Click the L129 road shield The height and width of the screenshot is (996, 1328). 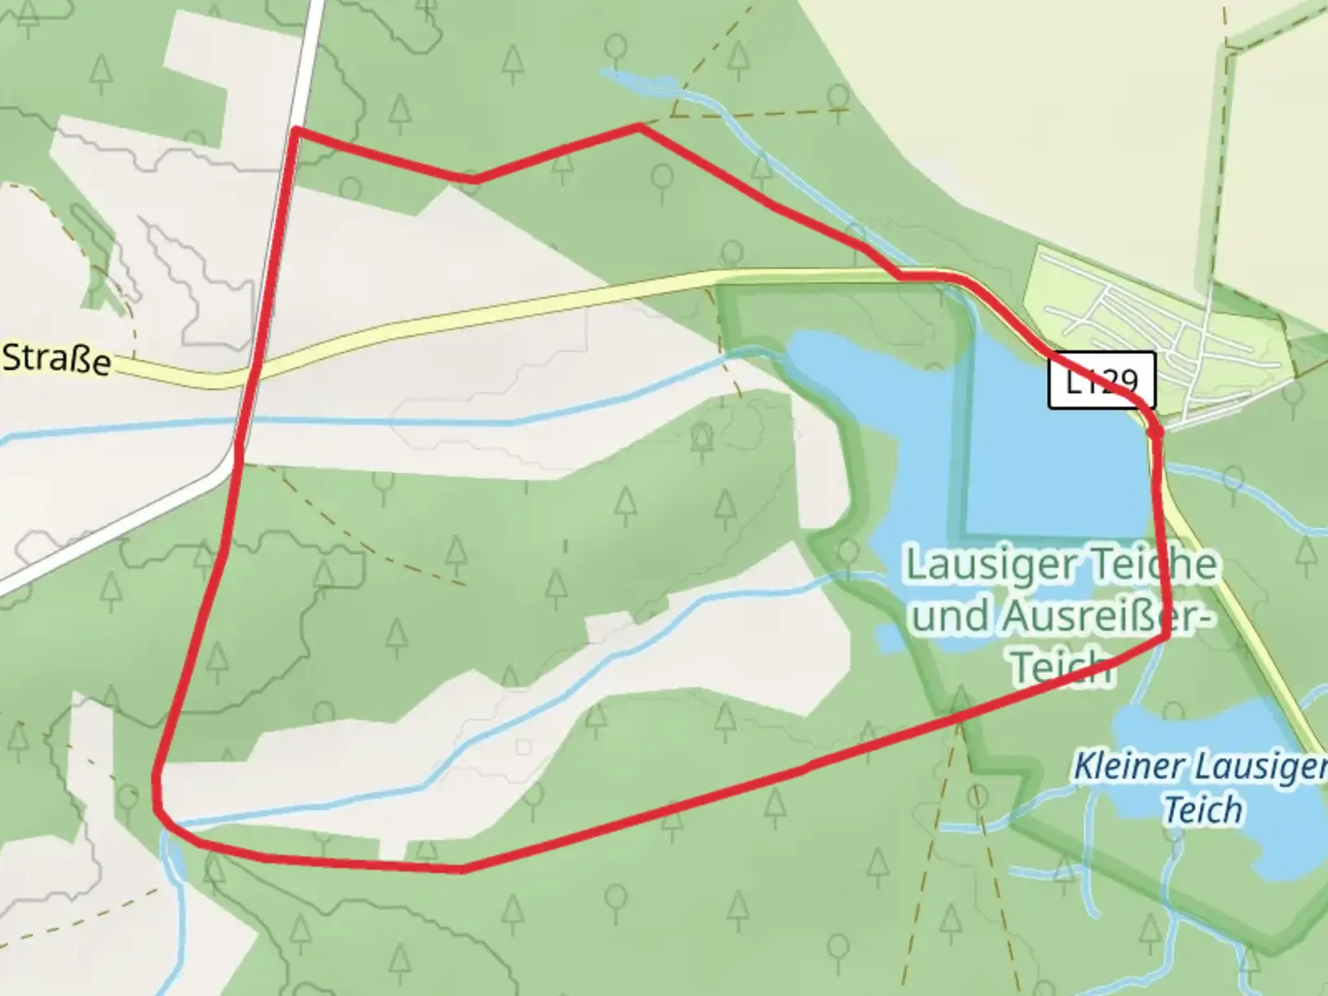(1101, 380)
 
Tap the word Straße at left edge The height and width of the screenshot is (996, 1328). (56, 359)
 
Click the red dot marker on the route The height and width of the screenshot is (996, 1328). (1155, 431)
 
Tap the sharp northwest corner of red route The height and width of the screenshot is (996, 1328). (295, 131)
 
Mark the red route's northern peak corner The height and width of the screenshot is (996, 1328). (640, 126)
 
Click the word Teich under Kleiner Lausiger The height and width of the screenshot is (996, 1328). (1203, 810)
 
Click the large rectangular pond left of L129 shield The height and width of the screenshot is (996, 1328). (1051, 461)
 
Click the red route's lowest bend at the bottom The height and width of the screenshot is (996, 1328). (461, 869)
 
